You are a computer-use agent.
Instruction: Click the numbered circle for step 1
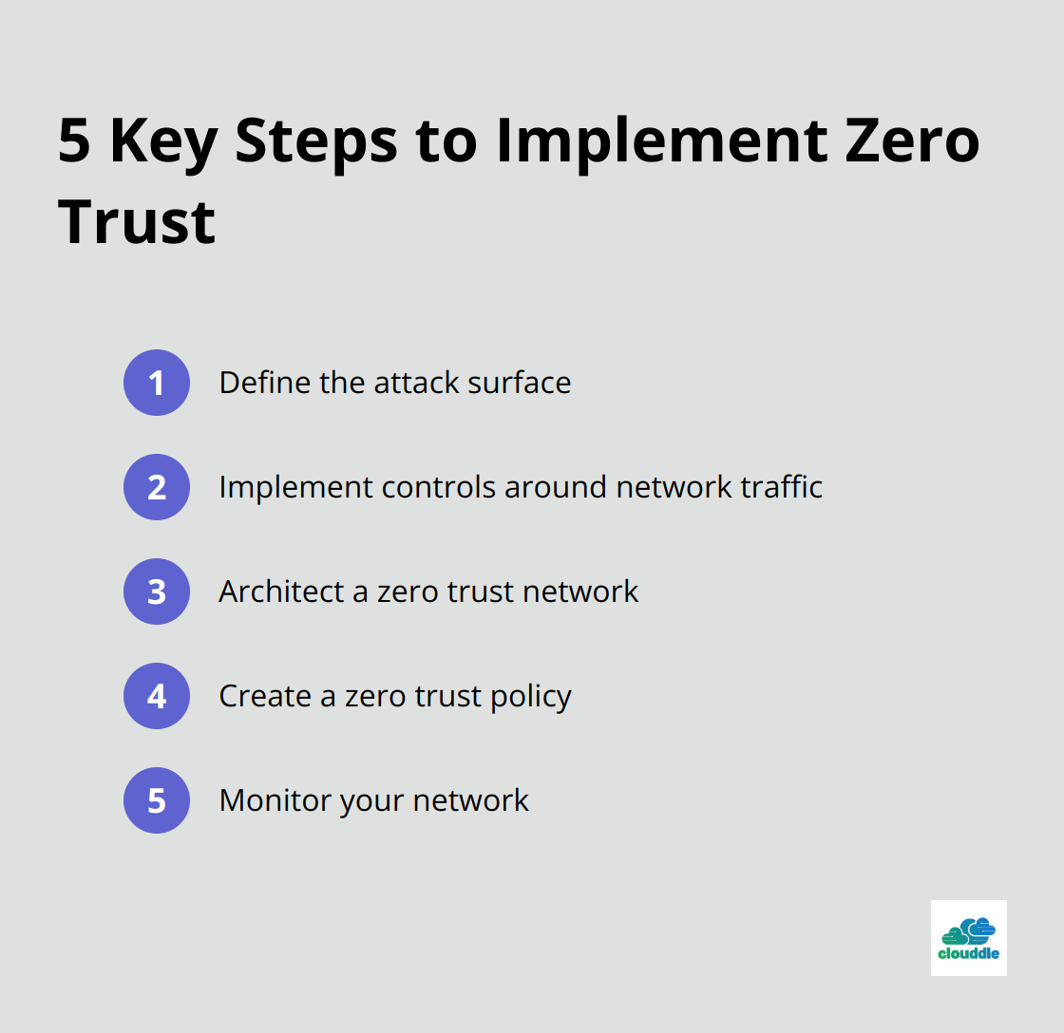click(x=157, y=383)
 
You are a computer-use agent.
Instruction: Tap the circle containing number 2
click(x=157, y=487)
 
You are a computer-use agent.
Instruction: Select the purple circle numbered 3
click(x=157, y=592)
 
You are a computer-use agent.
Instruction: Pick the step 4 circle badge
click(x=157, y=696)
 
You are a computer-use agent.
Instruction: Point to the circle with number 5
click(x=157, y=800)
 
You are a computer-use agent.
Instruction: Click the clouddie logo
click(x=968, y=938)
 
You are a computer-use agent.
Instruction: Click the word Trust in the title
click(x=137, y=222)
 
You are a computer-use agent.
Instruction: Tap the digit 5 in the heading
click(x=74, y=141)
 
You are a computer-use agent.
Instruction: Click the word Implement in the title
click(x=661, y=144)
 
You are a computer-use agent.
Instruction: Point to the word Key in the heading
click(x=163, y=144)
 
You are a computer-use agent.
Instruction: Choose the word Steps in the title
click(x=316, y=144)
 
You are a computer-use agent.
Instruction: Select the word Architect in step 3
click(x=281, y=592)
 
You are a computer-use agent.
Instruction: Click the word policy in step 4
click(x=531, y=697)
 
